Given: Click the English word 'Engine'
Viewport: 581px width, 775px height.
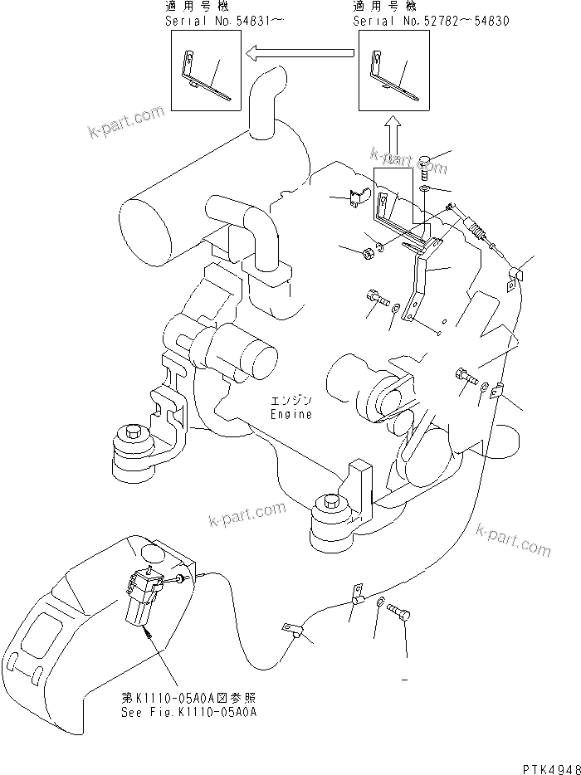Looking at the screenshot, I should (290, 414).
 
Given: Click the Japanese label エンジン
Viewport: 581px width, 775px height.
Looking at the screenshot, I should (290, 401).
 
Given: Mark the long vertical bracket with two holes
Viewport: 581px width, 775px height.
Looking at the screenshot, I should (420, 282).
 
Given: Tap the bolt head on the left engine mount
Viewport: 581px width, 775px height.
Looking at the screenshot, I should (132, 434).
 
